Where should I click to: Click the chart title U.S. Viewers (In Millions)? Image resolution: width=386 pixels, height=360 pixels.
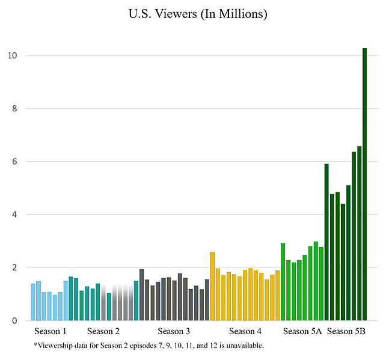coord(197,14)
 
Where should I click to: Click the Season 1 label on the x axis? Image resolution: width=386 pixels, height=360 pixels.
coord(50,331)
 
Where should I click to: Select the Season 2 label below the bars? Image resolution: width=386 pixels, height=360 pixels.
coord(103,331)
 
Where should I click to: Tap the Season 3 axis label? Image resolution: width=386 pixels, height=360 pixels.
coord(174,331)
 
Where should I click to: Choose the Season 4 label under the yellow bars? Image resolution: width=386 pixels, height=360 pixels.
coord(245,331)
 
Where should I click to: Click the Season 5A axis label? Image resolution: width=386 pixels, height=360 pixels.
coord(302,331)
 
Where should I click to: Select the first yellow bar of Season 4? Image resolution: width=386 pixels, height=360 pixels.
coord(212,286)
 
